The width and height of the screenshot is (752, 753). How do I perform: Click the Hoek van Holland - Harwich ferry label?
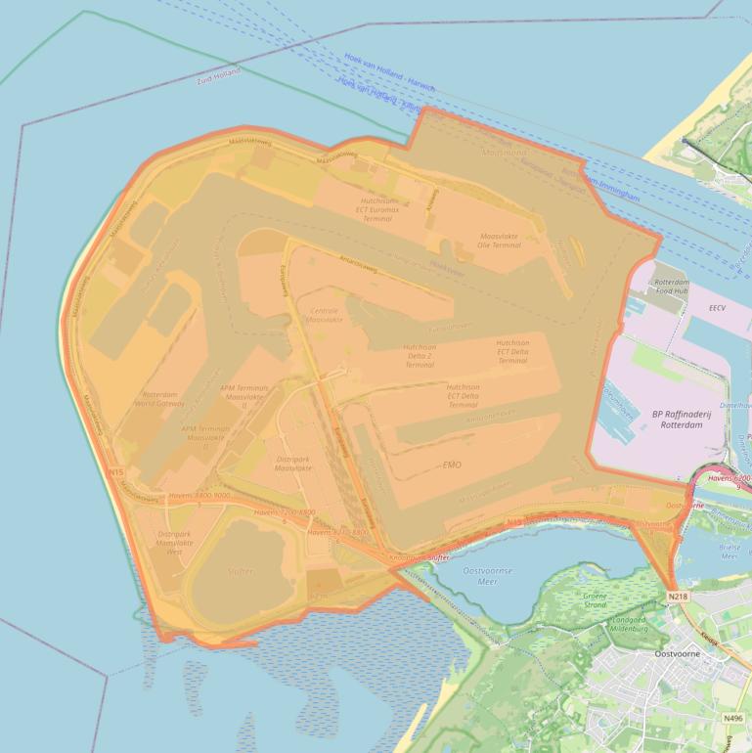click(389, 73)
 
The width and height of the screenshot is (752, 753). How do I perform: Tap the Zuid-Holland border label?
click(218, 75)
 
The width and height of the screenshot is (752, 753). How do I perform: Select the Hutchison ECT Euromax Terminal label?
click(377, 208)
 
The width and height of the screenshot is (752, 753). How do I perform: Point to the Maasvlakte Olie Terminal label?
click(500, 241)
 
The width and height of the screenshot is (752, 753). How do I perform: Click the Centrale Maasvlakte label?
click(325, 314)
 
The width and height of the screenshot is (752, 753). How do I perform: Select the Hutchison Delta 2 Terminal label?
click(420, 355)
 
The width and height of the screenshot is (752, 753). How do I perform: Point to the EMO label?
click(452, 465)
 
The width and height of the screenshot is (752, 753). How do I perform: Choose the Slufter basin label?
click(240, 571)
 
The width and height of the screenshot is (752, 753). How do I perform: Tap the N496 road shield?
click(732, 718)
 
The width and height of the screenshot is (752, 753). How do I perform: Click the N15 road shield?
click(117, 472)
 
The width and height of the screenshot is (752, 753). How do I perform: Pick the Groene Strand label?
click(595, 600)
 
